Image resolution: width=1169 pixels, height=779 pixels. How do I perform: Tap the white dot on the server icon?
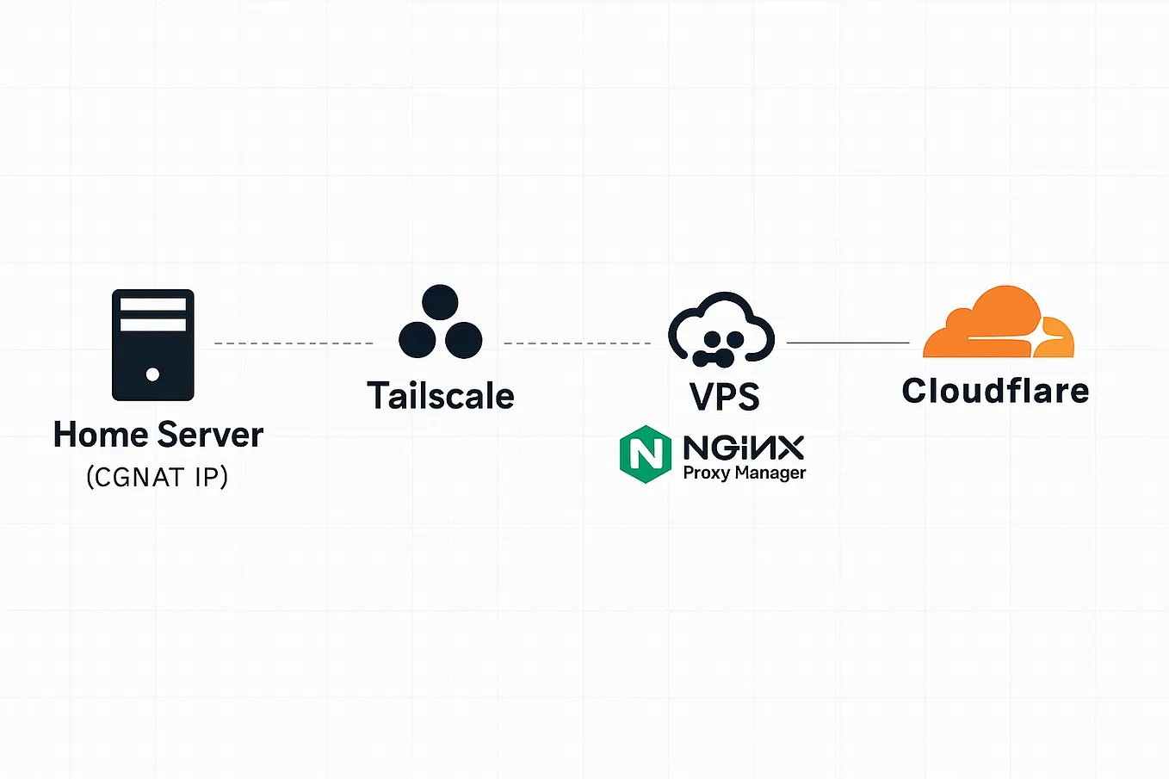(x=152, y=374)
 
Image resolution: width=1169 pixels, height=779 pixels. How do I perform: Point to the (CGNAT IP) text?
(x=158, y=477)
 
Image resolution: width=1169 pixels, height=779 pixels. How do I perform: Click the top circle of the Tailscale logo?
(x=441, y=303)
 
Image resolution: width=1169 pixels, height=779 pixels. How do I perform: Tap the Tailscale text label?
(x=441, y=396)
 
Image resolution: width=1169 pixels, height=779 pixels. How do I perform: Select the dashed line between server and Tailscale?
(x=294, y=343)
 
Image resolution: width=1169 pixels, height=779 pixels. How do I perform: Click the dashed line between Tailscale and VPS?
(x=577, y=343)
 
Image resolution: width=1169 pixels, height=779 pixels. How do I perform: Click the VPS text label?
(x=725, y=396)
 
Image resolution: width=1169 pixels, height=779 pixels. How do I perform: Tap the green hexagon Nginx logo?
(x=645, y=454)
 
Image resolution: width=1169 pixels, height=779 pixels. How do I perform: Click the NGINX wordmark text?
(x=744, y=448)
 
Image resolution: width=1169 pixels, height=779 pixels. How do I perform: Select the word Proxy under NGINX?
(x=706, y=473)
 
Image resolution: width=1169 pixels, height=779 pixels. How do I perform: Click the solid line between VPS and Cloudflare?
(x=848, y=343)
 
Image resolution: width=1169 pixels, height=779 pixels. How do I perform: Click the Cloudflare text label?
(x=995, y=391)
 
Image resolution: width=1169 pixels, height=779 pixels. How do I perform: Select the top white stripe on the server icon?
(x=152, y=305)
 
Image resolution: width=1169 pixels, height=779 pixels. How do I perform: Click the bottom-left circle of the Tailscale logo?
(x=417, y=340)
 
